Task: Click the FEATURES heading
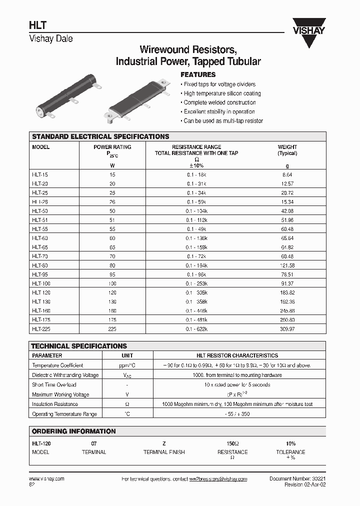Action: click(x=197, y=74)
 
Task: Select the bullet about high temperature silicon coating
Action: click(x=222, y=93)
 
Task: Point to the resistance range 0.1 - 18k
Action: click(x=196, y=174)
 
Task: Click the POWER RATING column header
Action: click(x=112, y=147)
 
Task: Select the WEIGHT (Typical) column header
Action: click(x=287, y=150)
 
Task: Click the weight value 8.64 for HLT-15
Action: click(x=287, y=174)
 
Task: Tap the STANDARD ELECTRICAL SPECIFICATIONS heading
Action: click(x=100, y=136)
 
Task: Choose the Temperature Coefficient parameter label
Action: click(x=57, y=365)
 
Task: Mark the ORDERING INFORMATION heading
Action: click(x=73, y=431)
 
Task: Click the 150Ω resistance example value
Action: click(x=232, y=443)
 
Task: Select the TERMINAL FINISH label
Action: click(x=164, y=452)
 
